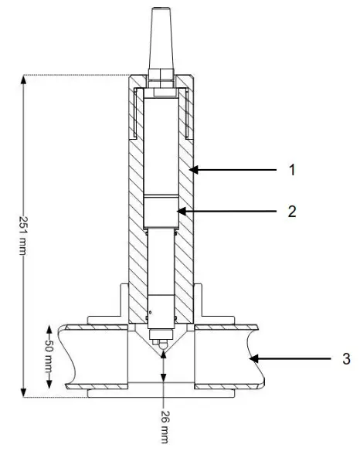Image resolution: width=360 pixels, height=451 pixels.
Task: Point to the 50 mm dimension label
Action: [x=47, y=357]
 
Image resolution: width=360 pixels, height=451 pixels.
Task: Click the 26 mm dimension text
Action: [x=164, y=424]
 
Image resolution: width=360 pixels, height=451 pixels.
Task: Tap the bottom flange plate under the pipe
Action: [x=162, y=394]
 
